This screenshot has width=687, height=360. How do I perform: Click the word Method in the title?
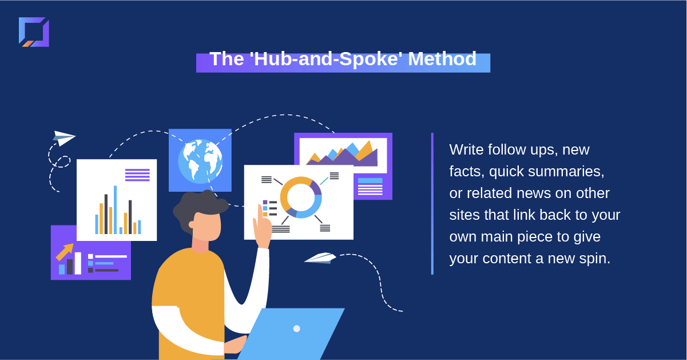442,58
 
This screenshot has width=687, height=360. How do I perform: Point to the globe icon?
200,161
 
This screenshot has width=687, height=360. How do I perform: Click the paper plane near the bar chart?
64,138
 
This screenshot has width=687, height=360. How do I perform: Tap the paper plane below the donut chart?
320,258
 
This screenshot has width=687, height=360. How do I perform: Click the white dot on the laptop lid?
296,329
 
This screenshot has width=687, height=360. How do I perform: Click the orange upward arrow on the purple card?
65,252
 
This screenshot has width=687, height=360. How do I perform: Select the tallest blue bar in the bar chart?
116,209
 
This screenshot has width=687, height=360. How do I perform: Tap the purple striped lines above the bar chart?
137,175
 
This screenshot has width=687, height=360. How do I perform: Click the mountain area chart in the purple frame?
342,153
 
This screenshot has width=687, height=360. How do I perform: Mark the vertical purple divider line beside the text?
432,204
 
